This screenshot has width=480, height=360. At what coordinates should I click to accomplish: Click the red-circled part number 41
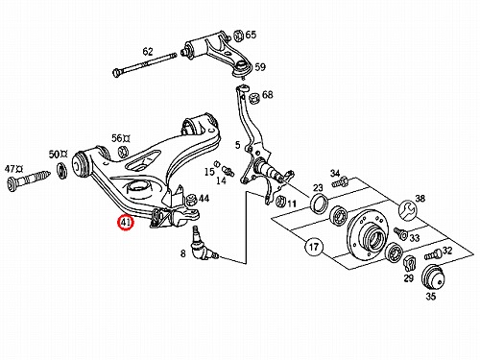(125, 223)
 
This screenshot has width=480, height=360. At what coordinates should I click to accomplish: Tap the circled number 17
(314, 247)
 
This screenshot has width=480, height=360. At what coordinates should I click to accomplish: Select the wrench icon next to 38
(407, 210)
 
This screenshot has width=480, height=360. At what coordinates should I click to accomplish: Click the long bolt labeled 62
(144, 64)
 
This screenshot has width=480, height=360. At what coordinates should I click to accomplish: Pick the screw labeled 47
(29, 180)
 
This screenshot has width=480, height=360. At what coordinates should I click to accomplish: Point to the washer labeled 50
(61, 171)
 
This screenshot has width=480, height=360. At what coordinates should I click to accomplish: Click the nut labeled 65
(238, 36)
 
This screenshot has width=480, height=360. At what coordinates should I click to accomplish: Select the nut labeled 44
(191, 200)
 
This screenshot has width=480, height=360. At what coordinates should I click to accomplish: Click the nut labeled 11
(280, 201)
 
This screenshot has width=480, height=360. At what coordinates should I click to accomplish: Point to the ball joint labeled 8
(202, 245)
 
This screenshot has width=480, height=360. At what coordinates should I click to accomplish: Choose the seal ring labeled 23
(319, 203)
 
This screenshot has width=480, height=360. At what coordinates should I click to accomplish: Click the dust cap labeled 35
(432, 277)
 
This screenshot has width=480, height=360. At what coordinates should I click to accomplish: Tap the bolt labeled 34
(339, 182)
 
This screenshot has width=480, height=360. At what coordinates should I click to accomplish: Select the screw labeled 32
(433, 255)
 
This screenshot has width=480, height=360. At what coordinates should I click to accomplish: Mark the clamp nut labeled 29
(409, 263)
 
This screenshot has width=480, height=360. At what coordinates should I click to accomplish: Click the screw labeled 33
(400, 233)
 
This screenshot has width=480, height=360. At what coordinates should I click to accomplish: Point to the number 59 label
(260, 67)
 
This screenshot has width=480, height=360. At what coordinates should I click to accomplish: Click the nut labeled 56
(123, 152)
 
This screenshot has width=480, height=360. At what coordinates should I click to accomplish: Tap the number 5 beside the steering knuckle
(237, 145)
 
